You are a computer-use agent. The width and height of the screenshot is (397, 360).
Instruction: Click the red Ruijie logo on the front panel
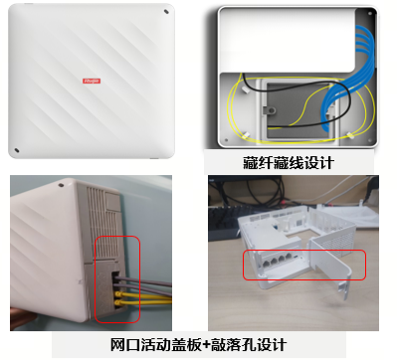pyautogui.click(x=92, y=81)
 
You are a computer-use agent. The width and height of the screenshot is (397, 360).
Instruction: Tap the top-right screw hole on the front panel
pyautogui.click(x=166, y=12)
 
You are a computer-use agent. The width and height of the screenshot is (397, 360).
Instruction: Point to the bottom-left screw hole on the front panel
pyautogui.click(x=17, y=150)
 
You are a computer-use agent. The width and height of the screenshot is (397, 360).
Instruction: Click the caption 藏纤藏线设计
pyautogui.click(x=288, y=163)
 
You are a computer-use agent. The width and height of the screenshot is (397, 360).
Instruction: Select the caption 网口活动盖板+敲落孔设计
pyautogui.click(x=198, y=345)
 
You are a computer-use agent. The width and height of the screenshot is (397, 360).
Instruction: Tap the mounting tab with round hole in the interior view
pyautogui.click(x=270, y=110)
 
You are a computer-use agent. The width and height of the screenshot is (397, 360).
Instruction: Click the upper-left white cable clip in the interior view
pyautogui.click(x=246, y=90)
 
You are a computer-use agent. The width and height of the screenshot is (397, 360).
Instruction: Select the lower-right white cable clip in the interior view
pyautogui.click(x=350, y=135)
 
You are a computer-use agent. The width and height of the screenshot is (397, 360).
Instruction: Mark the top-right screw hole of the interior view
pyautogui.click(x=370, y=13)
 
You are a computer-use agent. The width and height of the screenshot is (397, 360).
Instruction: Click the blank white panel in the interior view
pyautogui.click(x=287, y=40)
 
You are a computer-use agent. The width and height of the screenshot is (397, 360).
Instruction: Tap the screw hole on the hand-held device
pyautogui.click(x=61, y=185)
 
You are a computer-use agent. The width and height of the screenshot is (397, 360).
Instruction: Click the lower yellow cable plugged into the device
pyautogui.click(x=142, y=302)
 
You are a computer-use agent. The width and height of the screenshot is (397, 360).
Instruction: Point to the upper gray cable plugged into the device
pyautogui.click(x=142, y=280)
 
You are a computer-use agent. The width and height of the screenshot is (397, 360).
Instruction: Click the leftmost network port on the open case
pyautogui.click(x=267, y=264)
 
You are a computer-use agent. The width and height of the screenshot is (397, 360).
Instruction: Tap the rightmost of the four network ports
pyautogui.click(x=289, y=257)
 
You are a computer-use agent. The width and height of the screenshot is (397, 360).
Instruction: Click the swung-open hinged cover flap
pyautogui.click(x=331, y=262)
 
